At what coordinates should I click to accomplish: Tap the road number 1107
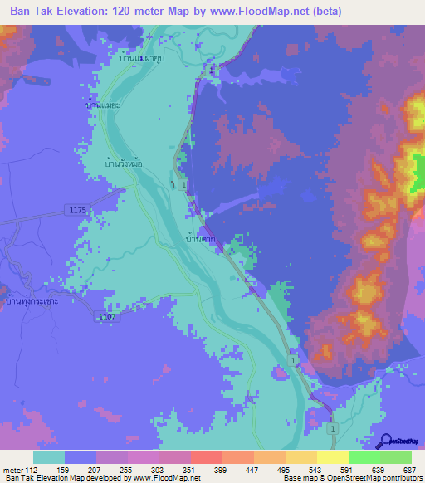click(105, 316)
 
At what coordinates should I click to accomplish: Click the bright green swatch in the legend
click(364, 457)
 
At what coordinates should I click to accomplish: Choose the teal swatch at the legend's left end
click(49, 457)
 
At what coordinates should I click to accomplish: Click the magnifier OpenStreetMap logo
click(385, 441)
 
